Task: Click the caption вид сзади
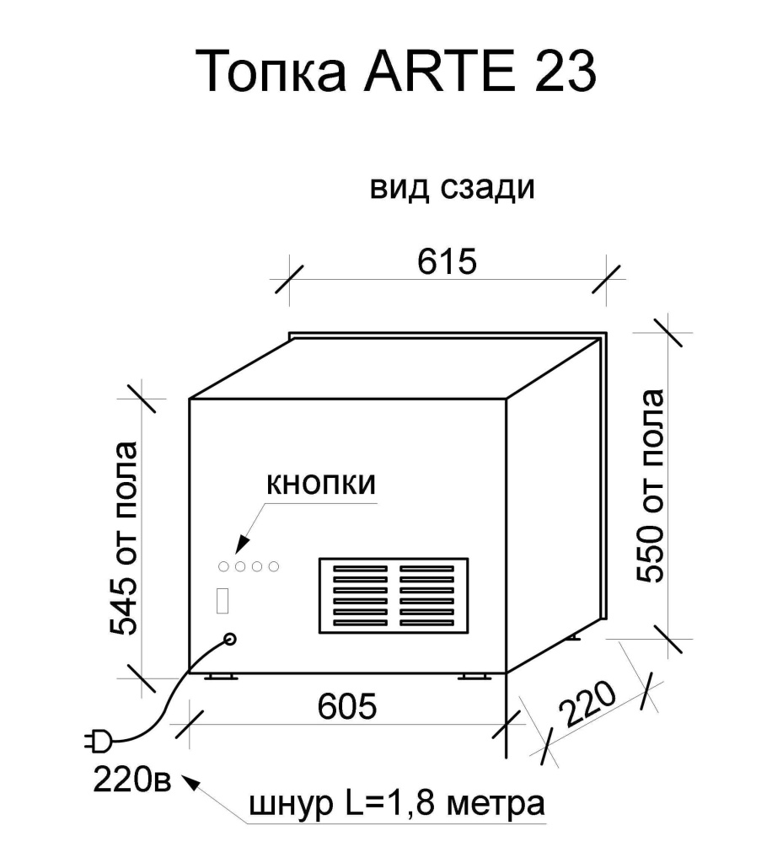coord(453,187)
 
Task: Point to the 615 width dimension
coord(447,262)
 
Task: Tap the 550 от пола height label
coord(651,487)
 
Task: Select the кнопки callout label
coord(320,486)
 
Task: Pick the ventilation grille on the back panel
coord(393,596)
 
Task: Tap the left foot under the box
coord(221,677)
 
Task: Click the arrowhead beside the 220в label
coord(191,783)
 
